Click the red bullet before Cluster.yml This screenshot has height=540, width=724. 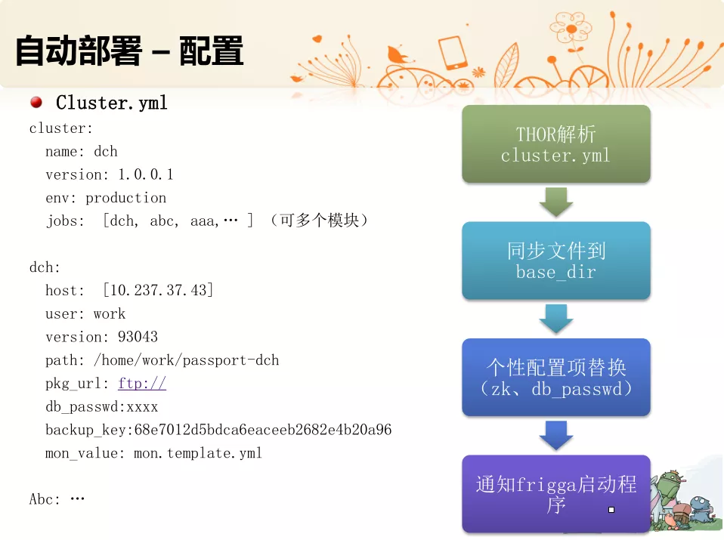click(36, 102)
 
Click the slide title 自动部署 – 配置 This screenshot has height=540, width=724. click(129, 51)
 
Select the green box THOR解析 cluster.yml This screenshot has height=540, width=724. click(556, 143)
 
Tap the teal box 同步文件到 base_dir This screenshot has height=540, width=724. click(556, 261)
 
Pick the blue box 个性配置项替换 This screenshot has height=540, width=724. click(556, 377)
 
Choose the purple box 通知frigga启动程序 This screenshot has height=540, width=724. click(556, 494)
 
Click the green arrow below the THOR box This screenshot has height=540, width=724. click(556, 202)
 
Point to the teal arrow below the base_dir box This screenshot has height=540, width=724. click(556, 319)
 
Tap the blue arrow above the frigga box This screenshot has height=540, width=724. click(556, 435)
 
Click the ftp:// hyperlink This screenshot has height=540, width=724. click(142, 383)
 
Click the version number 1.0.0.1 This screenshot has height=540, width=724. click(145, 174)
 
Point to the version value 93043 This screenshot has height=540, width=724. click(138, 337)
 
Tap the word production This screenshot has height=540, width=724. click(125, 198)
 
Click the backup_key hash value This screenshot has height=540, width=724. click(263, 430)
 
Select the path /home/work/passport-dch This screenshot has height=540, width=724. click(186, 360)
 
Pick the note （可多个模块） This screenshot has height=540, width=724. click(319, 221)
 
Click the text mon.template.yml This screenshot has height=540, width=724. click(197, 453)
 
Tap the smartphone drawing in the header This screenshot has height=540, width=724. click(453, 53)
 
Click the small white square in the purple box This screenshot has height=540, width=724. click(611, 510)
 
